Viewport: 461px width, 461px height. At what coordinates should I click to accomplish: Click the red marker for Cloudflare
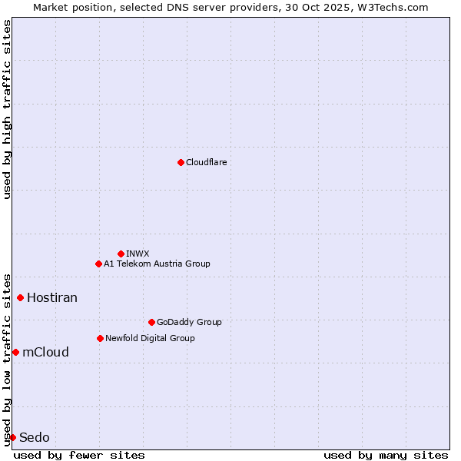pyautogui.click(x=181, y=162)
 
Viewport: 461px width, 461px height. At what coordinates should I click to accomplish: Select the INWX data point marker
pyautogui.click(x=121, y=254)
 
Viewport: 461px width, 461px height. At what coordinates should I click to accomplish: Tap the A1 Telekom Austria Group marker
pyautogui.click(x=98, y=264)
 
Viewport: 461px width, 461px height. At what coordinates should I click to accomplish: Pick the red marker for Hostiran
pyautogui.click(x=21, y=297)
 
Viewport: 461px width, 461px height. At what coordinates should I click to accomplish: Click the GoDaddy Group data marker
pyautogui.click(x=151, y=322)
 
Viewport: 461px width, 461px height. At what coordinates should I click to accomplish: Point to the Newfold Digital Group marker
pyautogui.click(x=100, y=338)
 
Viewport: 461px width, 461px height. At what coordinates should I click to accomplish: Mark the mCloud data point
pyautogui.click(x=15, y=352)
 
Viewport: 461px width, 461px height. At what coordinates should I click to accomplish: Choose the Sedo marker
pyautogui.click(x=12, y=437)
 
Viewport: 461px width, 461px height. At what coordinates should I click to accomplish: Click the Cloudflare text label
pyautogui.click(x=206, y=162)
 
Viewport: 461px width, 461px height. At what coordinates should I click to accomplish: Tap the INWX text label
pyautogui.click(x=138, y=254)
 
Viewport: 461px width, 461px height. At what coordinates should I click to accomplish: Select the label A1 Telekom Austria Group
pyautogui.click(x=157, y=264)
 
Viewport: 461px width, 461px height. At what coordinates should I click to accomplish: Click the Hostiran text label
pyautogui.click(x=52, y=297)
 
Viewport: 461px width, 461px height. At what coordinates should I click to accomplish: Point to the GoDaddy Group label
pyautogui.click(x=189, y=322)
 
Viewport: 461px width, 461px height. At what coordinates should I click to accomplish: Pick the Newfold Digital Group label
pyautogui.click(x=150, y=338)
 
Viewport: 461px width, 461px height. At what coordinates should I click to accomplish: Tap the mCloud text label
pyautogui.click(x=45, y=352)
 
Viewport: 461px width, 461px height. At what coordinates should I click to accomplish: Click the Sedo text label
pyautogui.click(x=35, y=437)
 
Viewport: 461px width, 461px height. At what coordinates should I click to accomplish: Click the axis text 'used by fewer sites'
pyautogui.click(x=79, y=455)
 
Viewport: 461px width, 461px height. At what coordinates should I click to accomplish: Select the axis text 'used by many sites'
pyautogui.click(x=386, y=455)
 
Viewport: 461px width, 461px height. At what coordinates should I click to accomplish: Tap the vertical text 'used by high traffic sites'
pyautogui.click(x=7, y=109)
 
